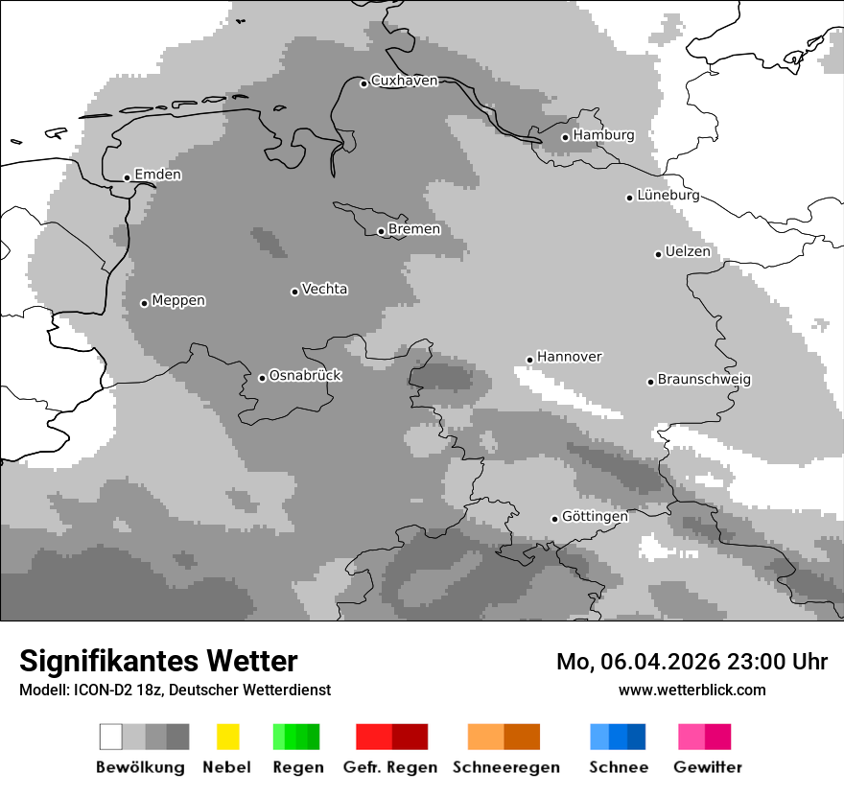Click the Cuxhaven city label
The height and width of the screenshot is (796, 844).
click(404, 82)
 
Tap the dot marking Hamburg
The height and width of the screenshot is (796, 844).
click(565, 137)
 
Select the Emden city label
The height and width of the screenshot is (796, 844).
click(157, 176)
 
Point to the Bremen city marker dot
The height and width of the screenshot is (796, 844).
click(381, 231)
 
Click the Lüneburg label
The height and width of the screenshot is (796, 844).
click(668, 196)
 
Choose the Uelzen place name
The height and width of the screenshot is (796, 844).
click(688, 252)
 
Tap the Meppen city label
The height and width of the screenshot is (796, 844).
click(178, 301)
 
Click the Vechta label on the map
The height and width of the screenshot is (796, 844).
click(324, 290)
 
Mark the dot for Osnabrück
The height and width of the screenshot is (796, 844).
click(262, 378)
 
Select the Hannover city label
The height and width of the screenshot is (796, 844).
click(569, 357)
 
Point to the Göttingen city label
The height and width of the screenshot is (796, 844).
click(595, 517)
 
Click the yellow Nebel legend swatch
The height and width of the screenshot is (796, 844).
click(227, 737)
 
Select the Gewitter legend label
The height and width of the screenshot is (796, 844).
click(707, 767)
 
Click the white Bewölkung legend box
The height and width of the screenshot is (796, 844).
click(111, 737)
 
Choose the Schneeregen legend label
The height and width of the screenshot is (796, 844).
click(505, 767)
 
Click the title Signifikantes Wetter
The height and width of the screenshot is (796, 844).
click(158, 662)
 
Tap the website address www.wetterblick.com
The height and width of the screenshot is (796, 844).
click(692, 691)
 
